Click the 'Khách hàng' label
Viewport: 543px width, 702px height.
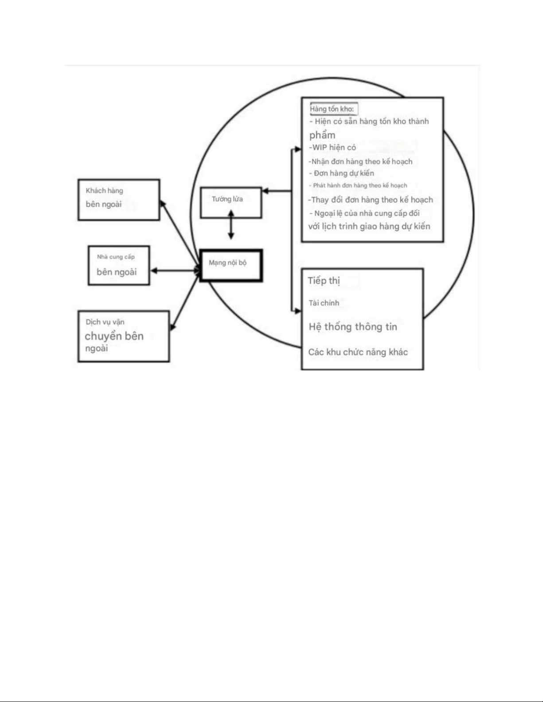point(105,191)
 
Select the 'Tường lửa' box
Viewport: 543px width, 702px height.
point(231,202)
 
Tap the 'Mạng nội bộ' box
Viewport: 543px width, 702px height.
point(231,265)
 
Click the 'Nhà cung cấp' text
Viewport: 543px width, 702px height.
point(116,257)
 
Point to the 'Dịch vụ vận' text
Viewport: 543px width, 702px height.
point(105,322)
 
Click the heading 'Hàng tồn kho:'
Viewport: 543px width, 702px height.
point(332,109)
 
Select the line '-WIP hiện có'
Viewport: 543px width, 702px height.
point(332,147)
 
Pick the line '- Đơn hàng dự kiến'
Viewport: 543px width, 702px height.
point(342,174)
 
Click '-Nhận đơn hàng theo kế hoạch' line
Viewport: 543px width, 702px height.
point(360,162)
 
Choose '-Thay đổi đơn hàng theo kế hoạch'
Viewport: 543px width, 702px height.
point(371,200)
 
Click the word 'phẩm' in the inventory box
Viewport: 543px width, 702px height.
point(322,136)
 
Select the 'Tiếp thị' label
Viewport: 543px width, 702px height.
point(324,281)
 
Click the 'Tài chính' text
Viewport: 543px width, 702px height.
point(324,303)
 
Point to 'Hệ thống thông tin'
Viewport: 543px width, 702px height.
point(353,327)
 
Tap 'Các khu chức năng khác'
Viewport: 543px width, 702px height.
point(358,352)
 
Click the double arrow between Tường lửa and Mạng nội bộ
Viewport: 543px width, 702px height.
point(231,225)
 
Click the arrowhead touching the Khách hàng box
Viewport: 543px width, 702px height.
point(163,204)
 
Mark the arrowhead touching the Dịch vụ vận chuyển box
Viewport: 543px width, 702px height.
point(172,327)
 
